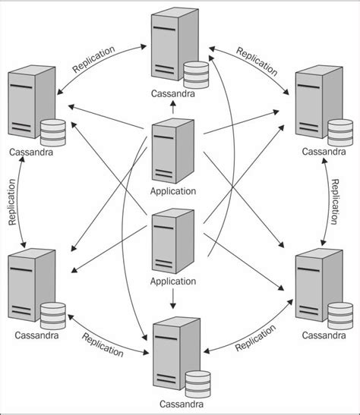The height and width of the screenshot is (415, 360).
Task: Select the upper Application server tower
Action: (172, 150)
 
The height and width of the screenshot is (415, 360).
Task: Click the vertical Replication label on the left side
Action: (12, 203)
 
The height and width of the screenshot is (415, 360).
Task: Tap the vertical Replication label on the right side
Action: (335, 200)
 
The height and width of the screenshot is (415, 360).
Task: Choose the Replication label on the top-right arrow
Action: (257, 60)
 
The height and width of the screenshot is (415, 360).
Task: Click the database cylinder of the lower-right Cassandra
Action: (339, 313)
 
